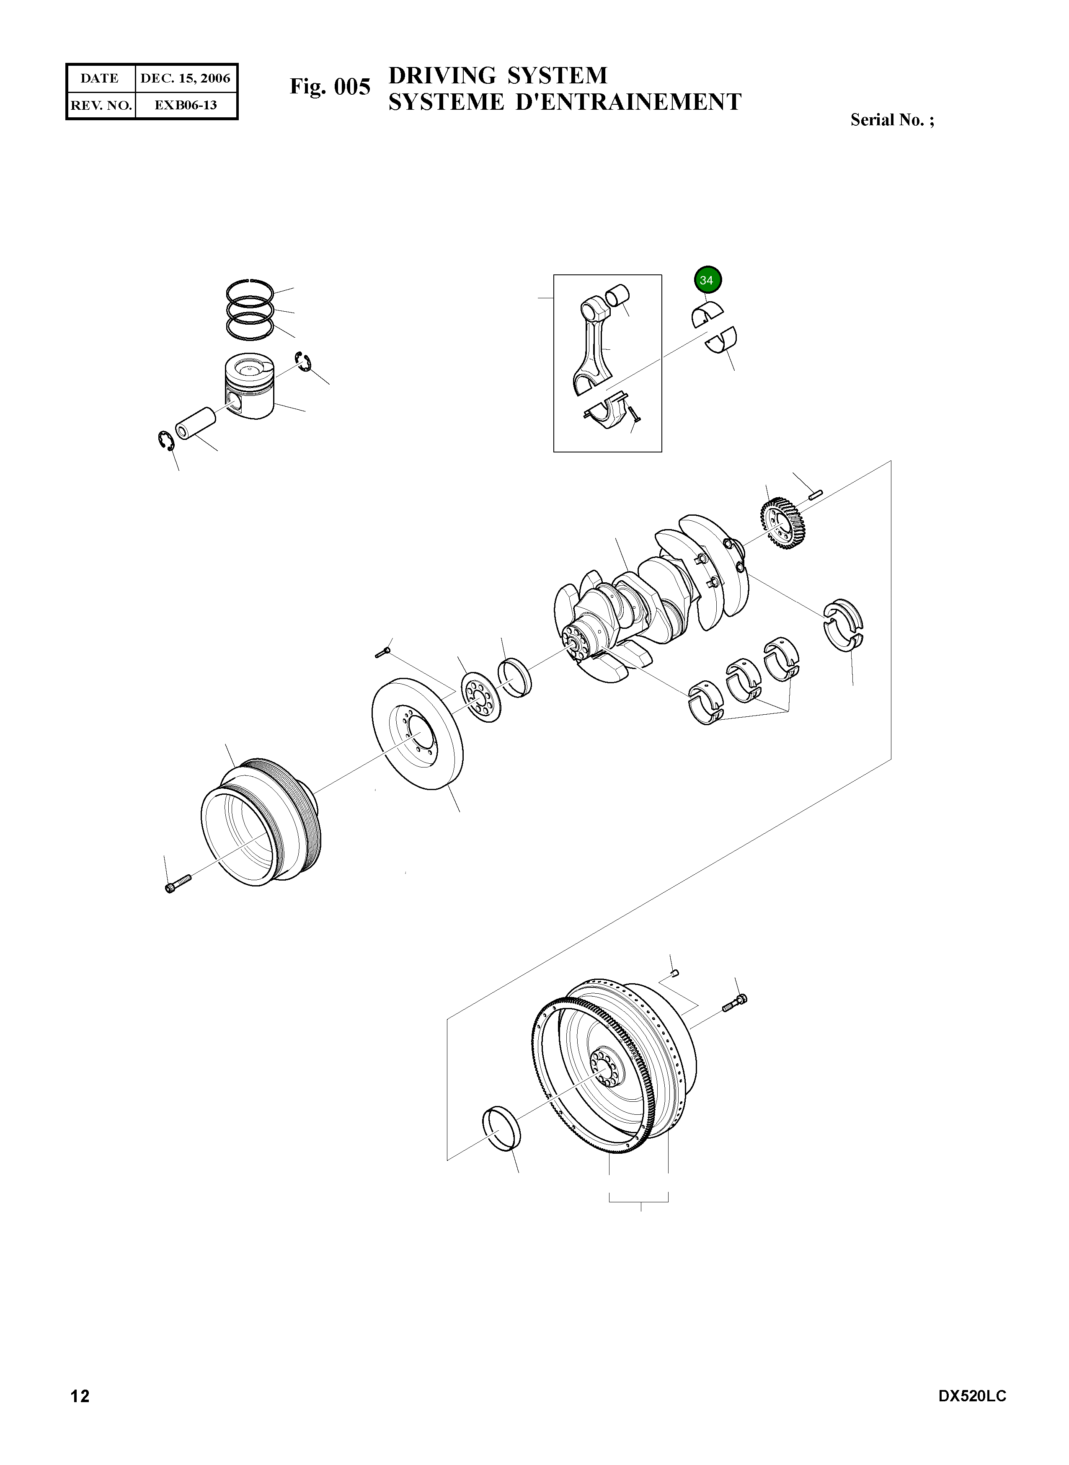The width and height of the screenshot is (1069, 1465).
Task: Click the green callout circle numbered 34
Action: pos(707,280)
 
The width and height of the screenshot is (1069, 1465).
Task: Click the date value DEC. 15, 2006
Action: pos(185,79)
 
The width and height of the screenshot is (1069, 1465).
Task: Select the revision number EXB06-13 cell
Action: pos(185,105)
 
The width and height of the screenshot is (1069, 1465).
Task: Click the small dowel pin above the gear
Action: pos(815,495)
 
